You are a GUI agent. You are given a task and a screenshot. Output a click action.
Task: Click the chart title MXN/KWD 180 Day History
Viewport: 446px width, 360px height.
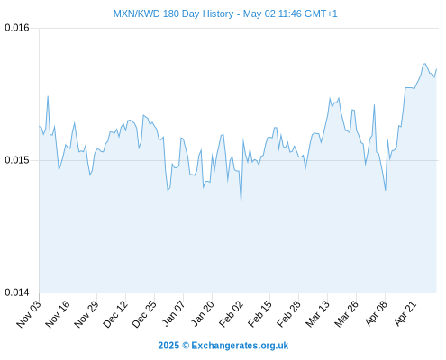pyautogui.click(x=173, y=13)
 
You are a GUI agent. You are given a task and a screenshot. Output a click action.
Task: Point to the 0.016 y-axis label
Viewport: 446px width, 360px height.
pyautogui.click(x=17, y=28)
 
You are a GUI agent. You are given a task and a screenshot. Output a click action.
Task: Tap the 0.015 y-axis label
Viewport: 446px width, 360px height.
pyautogui.click(x=17, y=160)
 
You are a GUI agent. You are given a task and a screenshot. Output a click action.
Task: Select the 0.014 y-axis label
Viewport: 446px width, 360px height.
pyautogui.click(x=17, y=292)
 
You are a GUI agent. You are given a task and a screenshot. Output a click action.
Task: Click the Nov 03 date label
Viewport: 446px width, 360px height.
pyautogui.click(x=28, y=314)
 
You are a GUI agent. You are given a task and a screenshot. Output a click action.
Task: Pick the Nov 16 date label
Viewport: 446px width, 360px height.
pyautogui.click(x=58, y=314)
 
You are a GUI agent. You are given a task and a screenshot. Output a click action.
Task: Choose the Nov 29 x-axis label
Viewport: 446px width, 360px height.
pyautogui.click(x=86, y=314)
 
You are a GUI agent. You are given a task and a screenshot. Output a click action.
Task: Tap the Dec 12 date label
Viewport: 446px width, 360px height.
pyautogui.click(x=115, y=314)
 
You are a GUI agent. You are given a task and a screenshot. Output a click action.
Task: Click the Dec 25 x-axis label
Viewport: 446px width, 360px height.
pyautogui.click(x=144, y=314)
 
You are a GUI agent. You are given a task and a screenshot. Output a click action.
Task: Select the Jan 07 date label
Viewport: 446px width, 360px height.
pyautogui.click(x=173, y=314)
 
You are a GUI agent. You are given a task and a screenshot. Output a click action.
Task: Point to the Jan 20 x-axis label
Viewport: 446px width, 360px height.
pyautogui.click(x=203, y=314)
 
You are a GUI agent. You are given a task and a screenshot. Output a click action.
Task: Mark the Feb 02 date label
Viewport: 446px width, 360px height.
pyautogui.click(x=231, y=314)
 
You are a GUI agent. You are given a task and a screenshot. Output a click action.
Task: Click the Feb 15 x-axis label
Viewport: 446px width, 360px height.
pyautogui.click(x=259, y=314)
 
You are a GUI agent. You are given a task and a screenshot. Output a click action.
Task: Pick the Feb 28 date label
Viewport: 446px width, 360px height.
pyautogui.click(x=288, y=314)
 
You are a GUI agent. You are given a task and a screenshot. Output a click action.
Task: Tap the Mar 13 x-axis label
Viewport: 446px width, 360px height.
pyautogui.click(x=317, y=314)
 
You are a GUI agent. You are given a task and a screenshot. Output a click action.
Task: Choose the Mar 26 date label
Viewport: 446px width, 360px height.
pyautogui.click(x=346, y=314)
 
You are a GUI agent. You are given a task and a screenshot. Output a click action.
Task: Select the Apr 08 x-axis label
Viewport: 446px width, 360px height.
pyautogui.click(x=376, y=314)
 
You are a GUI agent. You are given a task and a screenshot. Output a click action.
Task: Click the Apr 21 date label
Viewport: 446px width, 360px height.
pyautogui.click(x=405, y=314)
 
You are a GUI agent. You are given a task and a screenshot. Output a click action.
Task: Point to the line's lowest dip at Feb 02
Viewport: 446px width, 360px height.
pyautogui.click(x=241, y=201)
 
